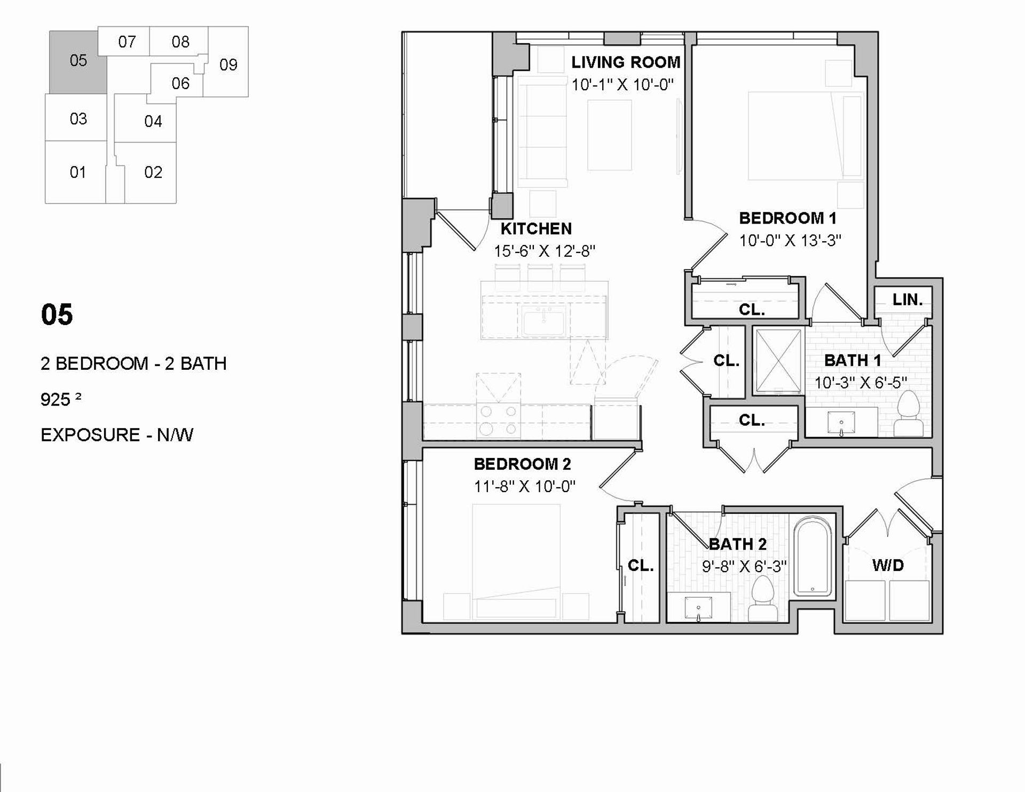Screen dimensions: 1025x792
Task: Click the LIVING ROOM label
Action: [x=626, y=62]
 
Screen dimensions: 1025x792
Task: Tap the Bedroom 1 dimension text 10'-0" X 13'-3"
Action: [x=790, y=241]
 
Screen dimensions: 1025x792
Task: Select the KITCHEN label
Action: [x=536, y=228]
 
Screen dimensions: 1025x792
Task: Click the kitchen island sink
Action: [x=543, y=322]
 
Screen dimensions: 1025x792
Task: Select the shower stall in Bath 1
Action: [x=779, y=361]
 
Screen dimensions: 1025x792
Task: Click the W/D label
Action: [x=888, y=565]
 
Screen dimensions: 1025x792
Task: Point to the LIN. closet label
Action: [x=908, y=299]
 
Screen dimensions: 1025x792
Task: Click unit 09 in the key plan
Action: [x=228, y=65]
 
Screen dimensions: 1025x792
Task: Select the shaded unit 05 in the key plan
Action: [x=78, y=61]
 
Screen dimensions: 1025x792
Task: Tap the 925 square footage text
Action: [x=61, y=399]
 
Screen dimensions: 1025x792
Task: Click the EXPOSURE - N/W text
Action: [x=117, y=435]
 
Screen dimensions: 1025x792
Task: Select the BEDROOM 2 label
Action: [x=522, y=464]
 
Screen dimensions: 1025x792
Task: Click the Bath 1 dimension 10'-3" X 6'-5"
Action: [x=861, y=383]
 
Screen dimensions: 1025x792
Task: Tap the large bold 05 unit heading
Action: [x=57, y=315]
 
